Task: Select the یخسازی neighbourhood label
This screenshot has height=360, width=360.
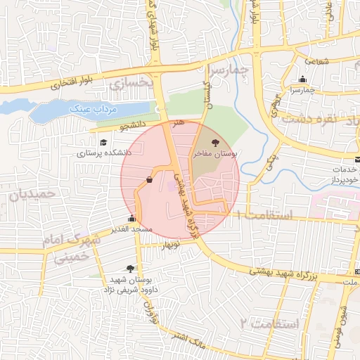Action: tap(131, 82)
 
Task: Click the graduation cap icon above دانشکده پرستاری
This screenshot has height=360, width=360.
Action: tap(103, 143)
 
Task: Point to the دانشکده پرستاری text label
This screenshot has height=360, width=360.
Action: tap(103, 153)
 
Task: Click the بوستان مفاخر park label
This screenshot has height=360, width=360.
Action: tap(214, 153)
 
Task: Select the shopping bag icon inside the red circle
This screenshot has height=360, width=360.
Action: tap(150, 180)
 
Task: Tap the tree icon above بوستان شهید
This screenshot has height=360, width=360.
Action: tap(130, 268)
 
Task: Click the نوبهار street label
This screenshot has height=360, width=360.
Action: tap(171, 245)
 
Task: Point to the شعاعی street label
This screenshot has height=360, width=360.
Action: tap(316, 61)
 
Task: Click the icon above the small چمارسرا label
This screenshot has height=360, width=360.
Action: tap(302, 79)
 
